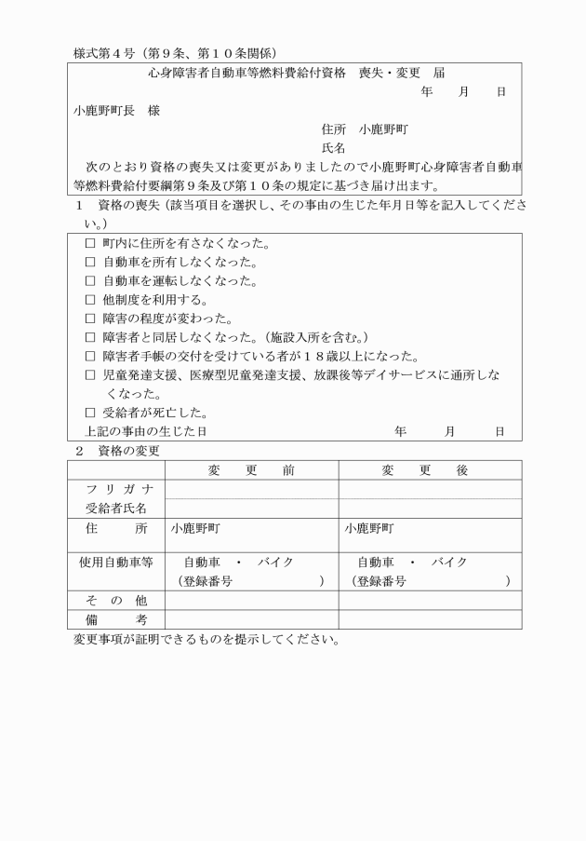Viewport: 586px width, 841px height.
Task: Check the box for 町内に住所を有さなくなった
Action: point(90,244)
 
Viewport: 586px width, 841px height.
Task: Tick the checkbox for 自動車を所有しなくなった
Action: point(90,263)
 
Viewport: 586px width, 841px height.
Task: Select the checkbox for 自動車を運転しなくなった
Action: point(90,281)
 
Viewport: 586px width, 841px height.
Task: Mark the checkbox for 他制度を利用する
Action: point(90,300)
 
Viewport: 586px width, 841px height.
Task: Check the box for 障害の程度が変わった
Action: point(90,319)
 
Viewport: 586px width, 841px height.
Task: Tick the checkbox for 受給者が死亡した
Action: point(90,413)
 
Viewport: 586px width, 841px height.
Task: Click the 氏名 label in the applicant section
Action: point(334,148)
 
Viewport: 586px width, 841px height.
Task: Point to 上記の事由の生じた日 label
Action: point(140,431)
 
